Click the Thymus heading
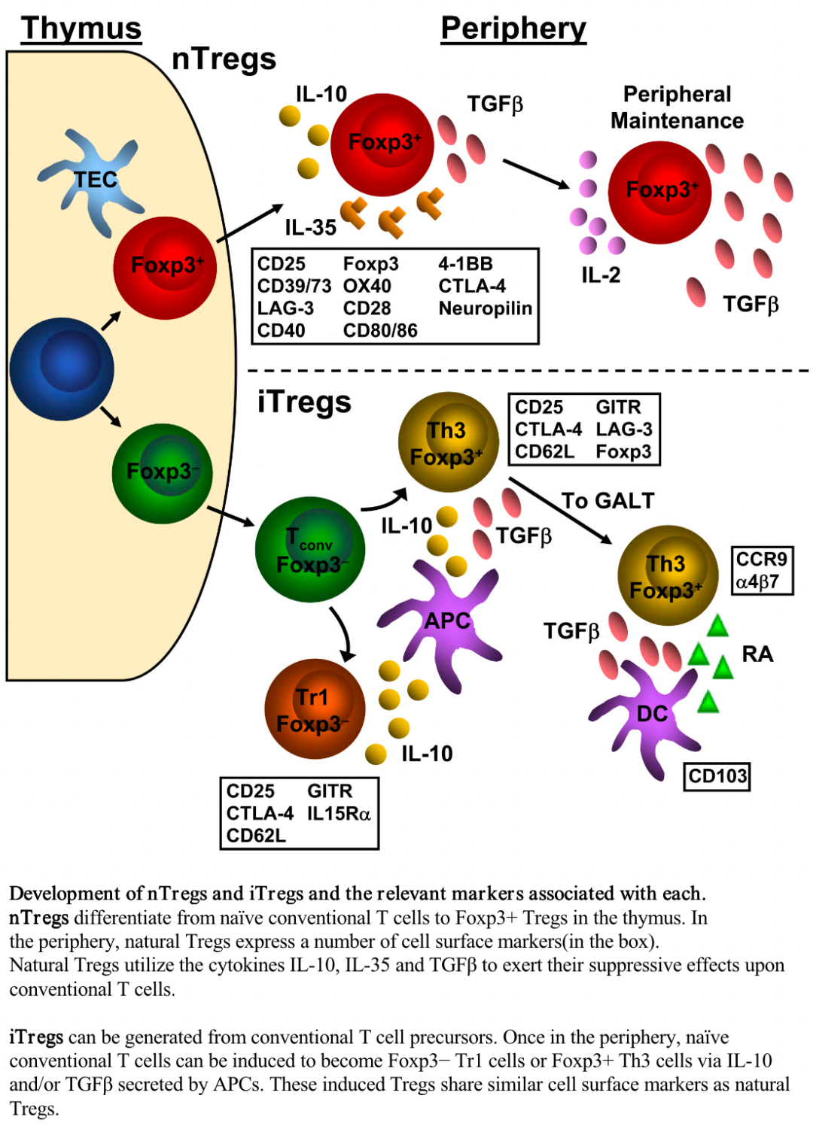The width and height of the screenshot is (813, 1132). pos(81,28)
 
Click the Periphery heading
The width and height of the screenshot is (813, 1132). pos(513,29)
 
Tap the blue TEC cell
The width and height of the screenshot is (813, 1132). pos(91,181)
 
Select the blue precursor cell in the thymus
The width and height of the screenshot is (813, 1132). pos(62,369)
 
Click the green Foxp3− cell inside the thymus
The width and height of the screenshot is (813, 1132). pos(162,474)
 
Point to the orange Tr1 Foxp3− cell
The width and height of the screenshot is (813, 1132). pos(315,709)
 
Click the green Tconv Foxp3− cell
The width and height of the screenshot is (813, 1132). pos(309,549)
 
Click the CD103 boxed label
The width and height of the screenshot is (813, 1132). pos(717,775)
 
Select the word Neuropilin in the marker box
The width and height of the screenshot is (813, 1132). pos(486,308)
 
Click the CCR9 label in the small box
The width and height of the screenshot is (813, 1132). pos(761,559)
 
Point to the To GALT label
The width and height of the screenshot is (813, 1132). pos(607,501)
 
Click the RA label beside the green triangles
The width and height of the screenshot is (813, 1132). pos(757,654)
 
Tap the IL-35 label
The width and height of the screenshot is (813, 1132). pos(311,227)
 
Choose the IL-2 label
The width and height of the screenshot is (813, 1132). pos(601,275)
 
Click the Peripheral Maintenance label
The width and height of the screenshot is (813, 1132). pos(677,107)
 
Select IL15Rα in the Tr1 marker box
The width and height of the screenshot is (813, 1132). pos(339,813)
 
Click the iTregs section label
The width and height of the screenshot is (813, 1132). pos(304,402)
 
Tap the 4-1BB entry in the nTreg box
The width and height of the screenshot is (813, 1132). pos(465,263)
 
